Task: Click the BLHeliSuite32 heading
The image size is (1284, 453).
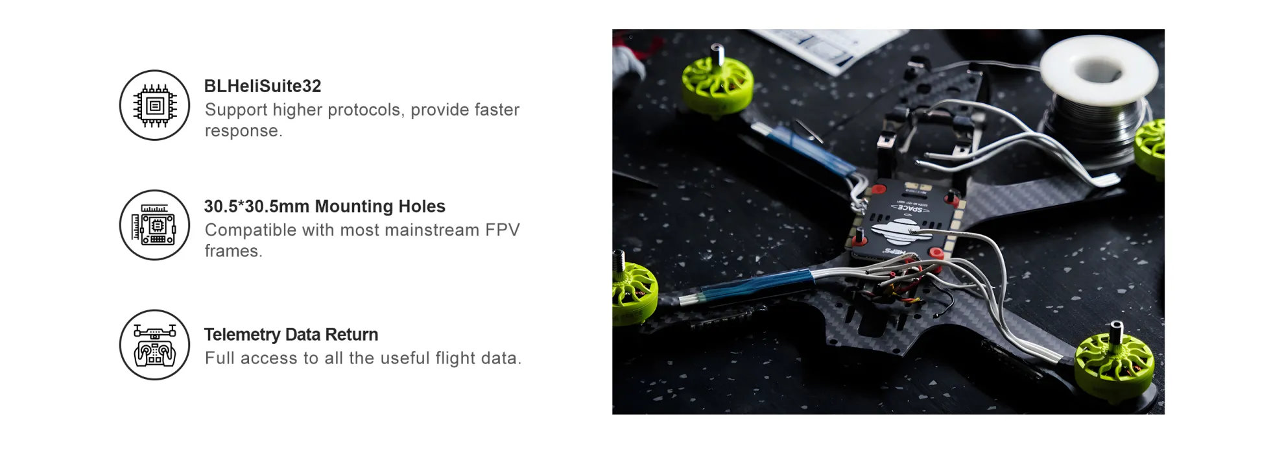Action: click(262, 86)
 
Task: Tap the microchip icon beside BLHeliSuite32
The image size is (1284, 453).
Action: click(154, 105)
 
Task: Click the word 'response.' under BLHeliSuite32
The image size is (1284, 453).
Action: click(243, 130)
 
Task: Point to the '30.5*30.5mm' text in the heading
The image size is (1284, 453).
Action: click(256, 206)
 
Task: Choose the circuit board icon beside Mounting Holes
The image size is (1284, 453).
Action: click(154, 225)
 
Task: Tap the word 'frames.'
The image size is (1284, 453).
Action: click(233, 251)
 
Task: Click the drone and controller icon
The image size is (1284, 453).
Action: click(154, 345)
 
